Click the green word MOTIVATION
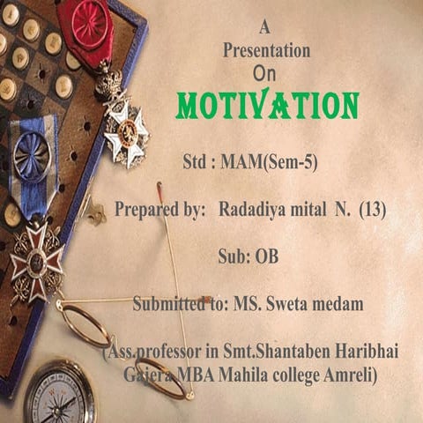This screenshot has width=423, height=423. [x=267, y=105]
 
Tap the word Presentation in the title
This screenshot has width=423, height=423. [x=267, y=50]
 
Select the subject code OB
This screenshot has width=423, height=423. [x=266, y=258]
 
